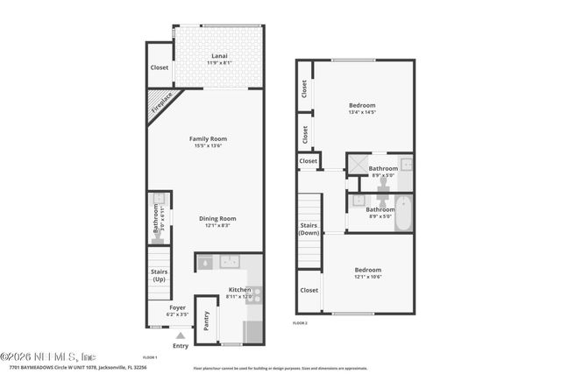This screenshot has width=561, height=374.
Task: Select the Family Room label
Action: (209, 138)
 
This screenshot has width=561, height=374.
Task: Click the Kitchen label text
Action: (239, 290)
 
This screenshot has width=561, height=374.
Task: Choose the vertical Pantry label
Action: (206, 321)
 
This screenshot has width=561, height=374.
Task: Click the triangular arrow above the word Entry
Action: (180, 335)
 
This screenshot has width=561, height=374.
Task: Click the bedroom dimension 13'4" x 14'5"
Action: (362, 112)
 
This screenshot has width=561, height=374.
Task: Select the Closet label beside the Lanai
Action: (159, 67)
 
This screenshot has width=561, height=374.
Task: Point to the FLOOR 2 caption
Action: (300, 323)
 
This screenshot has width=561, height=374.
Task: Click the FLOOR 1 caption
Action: (149, 357)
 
